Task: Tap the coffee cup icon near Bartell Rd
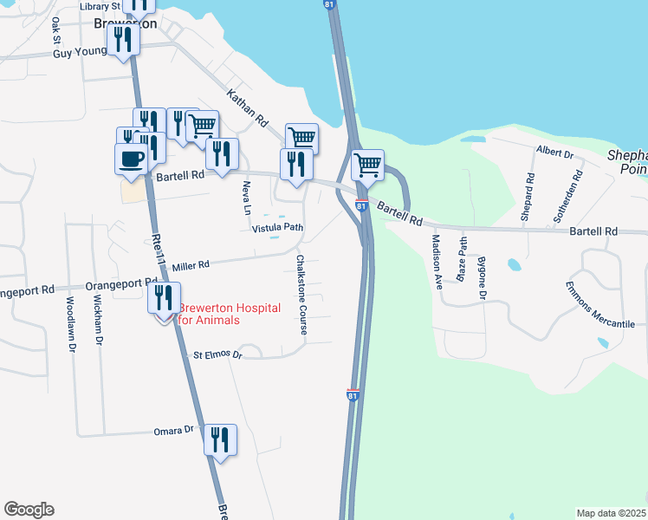click(132, 159)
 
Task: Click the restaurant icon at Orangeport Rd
click(165, 297)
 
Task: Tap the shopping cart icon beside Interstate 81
click(368, 164)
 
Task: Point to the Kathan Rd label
click(248, 108)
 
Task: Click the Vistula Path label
click(277, 228)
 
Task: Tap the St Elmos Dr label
click(216, 354)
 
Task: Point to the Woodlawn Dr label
click(70, 323)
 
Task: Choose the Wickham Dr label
click(98, 321)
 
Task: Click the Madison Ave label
click(437, 261)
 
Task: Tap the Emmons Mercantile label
click(600, 304)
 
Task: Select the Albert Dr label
click(555, 153)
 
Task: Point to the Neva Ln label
click(246, 198)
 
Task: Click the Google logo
click(29, 510)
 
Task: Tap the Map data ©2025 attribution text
click(610, 513)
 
